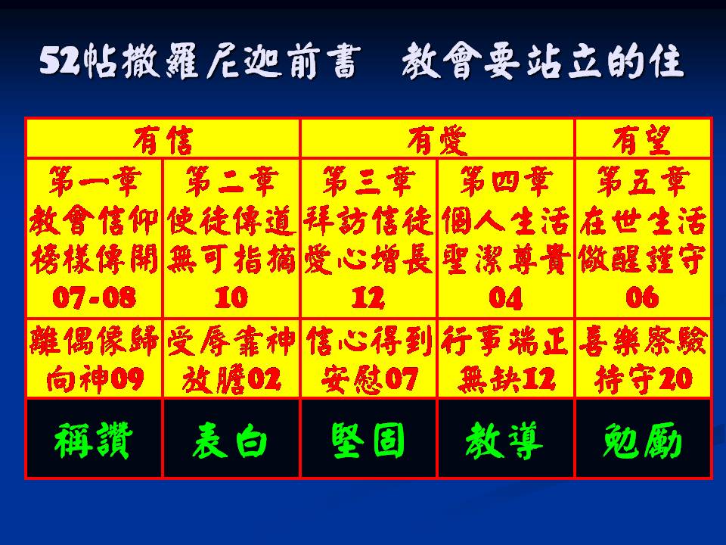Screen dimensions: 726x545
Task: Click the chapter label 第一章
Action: tap(95, 181)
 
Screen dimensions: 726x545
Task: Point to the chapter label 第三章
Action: tap(368, 181)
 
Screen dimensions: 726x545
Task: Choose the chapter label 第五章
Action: tap(642, 181)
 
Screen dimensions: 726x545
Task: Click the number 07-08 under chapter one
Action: tap(95, 297)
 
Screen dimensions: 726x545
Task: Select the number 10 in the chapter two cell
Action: tap(231, 297)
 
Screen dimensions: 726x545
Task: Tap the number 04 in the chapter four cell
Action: tap(506, 297)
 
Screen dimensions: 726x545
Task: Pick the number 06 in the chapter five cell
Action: tap(642, 297)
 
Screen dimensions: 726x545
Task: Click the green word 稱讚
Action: tap(94, 440)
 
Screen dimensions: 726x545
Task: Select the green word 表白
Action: tap(230, 440)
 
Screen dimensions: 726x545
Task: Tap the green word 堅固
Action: tap(368, 440)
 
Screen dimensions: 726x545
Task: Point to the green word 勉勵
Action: tap(642, 440)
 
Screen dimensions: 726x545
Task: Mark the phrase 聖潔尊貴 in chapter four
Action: tap(506, 259)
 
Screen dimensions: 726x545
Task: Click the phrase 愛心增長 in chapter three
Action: tap(368, 259)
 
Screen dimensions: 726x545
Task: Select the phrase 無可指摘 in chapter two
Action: tap(231, 259)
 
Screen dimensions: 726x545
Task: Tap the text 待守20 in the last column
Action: tap(643, 378)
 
